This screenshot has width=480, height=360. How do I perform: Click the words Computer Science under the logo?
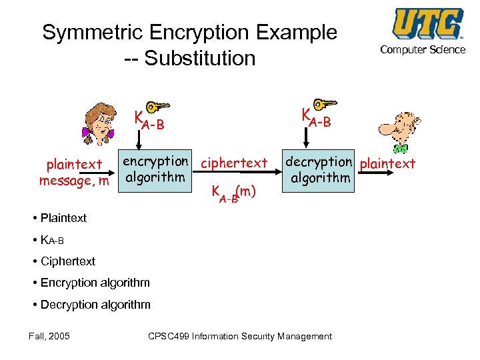click(x=423, y=49)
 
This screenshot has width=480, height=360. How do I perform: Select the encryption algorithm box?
click(x=155, y=169)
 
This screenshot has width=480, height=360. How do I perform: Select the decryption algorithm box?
click(x=319, y=170)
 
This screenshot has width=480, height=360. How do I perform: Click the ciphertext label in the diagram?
click(x=234, y=163)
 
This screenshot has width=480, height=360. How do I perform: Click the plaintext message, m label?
click(x=74, y=172)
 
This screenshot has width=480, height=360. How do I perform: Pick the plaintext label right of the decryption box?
click(x=387, y=164)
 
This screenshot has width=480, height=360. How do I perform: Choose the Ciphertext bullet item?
click(x=67, y=261)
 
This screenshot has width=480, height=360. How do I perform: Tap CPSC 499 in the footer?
click(x=168, y=336)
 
